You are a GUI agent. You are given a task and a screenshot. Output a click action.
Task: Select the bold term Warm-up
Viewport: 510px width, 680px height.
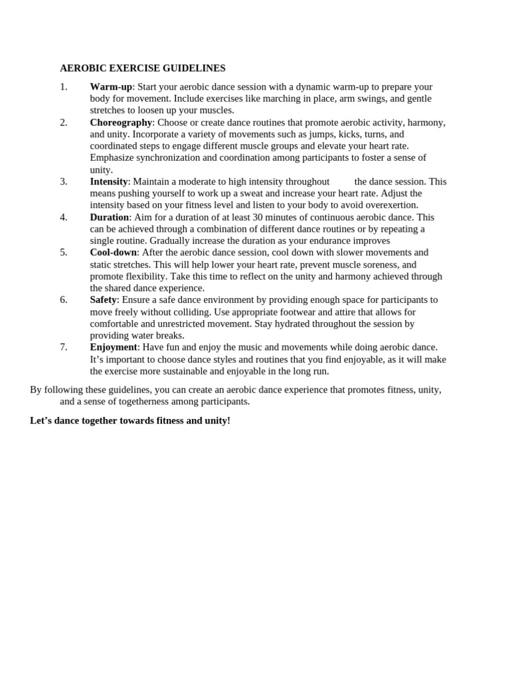coord(111,86)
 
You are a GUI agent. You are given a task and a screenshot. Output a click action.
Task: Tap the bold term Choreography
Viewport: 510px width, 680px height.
coord(121,122)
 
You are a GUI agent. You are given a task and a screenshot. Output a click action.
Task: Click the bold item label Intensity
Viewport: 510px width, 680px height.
coord(108,181)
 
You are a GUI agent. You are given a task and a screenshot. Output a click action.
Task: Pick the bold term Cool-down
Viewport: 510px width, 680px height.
coord(113,252)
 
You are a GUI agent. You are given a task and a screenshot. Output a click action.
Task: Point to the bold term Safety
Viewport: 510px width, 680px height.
coord(103,299)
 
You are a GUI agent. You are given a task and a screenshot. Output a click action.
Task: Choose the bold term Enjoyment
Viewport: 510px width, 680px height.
coord(114,347)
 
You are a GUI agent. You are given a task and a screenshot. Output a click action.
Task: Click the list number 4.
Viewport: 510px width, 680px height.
coord(64,217)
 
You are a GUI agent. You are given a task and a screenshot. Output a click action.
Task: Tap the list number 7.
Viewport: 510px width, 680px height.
coord(64,347)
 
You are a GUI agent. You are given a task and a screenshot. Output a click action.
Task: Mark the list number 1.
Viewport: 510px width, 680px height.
coord(64,86)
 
